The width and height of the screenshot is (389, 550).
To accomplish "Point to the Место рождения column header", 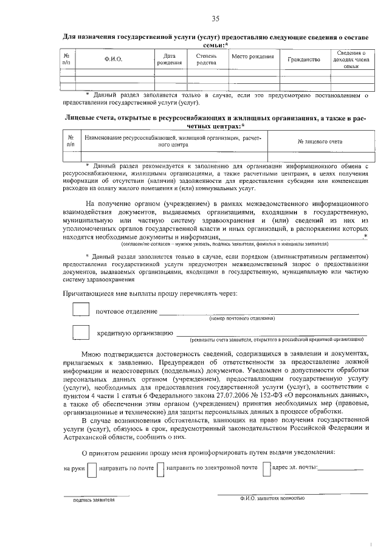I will pos(252,57).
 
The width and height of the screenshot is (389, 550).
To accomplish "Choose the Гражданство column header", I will pos(303,60).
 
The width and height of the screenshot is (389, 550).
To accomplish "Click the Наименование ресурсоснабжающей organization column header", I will pos(172,142).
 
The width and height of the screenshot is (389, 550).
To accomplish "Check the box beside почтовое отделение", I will pos(80,309).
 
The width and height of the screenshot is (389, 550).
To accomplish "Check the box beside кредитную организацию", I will pos(80,332).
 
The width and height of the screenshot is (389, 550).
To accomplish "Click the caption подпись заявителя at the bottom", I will pos(94,500).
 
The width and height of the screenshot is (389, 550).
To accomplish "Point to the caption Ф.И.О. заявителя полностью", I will pos(272,497).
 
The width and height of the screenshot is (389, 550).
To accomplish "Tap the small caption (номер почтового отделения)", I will pos(242,318).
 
